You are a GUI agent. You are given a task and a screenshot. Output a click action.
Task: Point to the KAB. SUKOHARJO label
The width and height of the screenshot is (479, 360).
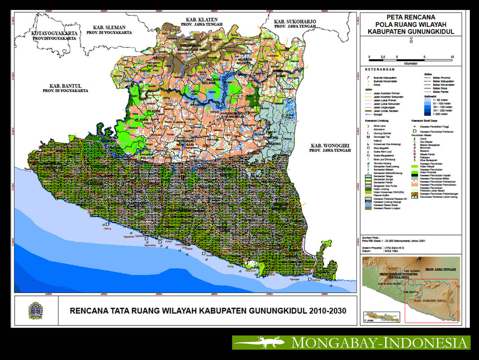tap(295, 21)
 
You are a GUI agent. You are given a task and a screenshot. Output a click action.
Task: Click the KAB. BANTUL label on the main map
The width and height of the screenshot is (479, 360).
tap(66, 86)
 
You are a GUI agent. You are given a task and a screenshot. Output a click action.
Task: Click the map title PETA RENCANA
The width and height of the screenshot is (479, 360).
tap(411, 18)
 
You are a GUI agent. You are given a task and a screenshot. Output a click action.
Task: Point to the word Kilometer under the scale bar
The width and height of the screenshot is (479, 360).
tap(411, 63)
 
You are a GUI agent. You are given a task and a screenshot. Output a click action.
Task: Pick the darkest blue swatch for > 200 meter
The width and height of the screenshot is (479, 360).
tap(418, 115)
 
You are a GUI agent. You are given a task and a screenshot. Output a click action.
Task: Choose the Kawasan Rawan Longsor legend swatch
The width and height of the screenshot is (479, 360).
tap(368, 208)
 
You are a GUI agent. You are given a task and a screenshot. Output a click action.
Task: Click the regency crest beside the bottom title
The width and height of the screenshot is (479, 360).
tap(36, 310)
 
